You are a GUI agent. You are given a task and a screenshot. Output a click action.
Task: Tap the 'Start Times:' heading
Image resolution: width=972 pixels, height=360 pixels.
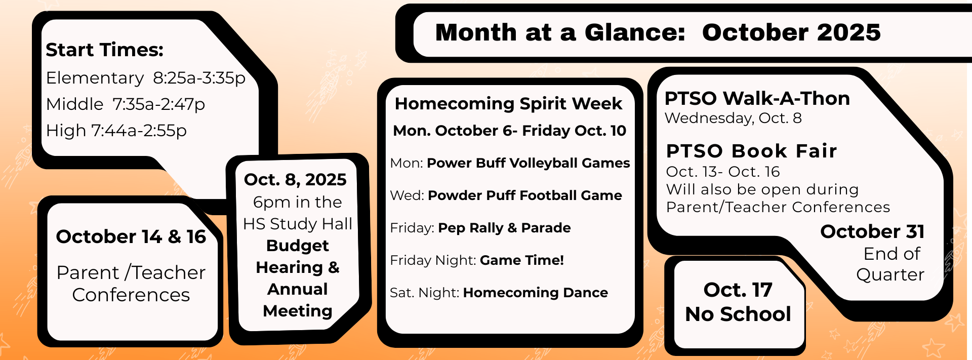pyautogui.click(x=105, y=50)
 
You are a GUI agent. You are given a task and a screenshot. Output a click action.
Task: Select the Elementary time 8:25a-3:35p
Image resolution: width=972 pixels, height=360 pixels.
pyautogui.click(x=199, y=78)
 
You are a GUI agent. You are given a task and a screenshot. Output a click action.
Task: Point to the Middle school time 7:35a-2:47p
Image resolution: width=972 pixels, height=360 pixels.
pyautogui.click(x=158, y=104)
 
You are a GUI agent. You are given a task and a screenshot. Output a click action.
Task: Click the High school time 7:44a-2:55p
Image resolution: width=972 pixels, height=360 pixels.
pyautogui.click(x=139, y=131)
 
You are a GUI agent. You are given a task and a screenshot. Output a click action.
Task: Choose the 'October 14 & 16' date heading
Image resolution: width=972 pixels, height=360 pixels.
pyautogui.click(x=131, y=236)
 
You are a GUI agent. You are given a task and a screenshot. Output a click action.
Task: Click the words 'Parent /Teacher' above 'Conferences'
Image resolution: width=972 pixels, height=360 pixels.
pyautogui.click(x=131, y=272)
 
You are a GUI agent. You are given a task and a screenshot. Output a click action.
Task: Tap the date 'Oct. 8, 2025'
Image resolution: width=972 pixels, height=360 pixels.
pyautogui.click(x=295, y=180)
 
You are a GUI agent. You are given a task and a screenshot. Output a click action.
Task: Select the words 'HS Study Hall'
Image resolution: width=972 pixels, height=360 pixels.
pyautogui.click(x=298, y=224)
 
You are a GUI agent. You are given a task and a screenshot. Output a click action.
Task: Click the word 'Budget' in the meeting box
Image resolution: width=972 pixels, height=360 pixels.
pyautogui.click(x=298, y=246)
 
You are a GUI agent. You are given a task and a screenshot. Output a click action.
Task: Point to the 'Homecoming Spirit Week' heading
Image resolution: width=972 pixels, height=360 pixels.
pyautogui.click(x=508, y=104)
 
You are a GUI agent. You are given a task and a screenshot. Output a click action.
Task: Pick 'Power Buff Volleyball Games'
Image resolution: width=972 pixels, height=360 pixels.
pyautogui.click(x=529, y=163)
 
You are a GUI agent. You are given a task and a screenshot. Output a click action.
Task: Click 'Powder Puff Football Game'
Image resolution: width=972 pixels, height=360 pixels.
pyautogui.click(x=525, y=195)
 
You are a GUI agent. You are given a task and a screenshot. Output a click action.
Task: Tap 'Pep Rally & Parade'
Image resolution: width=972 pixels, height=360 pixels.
pyautogui.click(x=504, y=228)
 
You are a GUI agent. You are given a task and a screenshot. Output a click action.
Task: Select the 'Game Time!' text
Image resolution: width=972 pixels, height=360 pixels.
pyautogui.click(x=522, y=260)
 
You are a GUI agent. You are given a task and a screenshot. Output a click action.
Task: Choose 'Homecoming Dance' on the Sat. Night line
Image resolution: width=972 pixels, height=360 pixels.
pyautogui.click(x=536, y=293)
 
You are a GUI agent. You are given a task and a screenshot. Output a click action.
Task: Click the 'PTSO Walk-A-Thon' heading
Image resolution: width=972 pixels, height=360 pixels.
pyautogui.click(x=757, y=98)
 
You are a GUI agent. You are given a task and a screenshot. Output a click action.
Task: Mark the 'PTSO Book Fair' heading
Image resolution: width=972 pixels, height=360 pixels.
pyautogui.click(x=752, y=151)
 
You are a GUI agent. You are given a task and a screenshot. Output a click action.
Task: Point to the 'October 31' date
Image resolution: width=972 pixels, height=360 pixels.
pyautogui.click(x=873, y=231)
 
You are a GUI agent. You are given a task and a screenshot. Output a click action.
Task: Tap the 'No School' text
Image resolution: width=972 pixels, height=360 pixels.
pyautogui.click(x=738, y=314)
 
